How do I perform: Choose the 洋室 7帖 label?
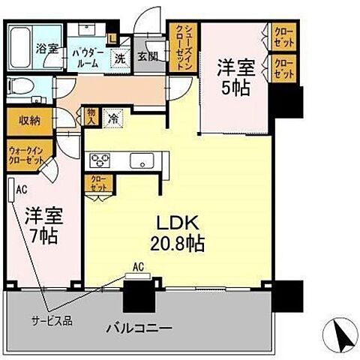click(43, 223)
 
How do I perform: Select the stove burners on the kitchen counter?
click(100, 160)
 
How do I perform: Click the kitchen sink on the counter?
click(139, 160)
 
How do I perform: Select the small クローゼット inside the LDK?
click(98, 182)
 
